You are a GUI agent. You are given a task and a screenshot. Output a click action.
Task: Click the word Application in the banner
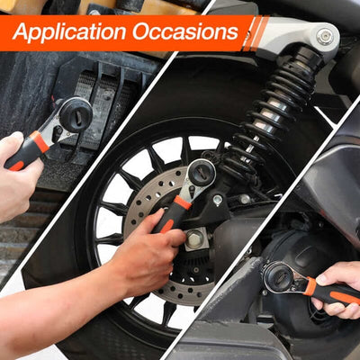click(70, 33)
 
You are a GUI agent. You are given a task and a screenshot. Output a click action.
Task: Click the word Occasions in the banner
click(185, 33)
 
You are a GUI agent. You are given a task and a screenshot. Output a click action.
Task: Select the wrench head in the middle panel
click(200, 174)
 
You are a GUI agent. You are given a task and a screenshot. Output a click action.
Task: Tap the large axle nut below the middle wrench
click(194, 239)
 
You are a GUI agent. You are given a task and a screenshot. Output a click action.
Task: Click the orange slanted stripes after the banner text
click(256, 33)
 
